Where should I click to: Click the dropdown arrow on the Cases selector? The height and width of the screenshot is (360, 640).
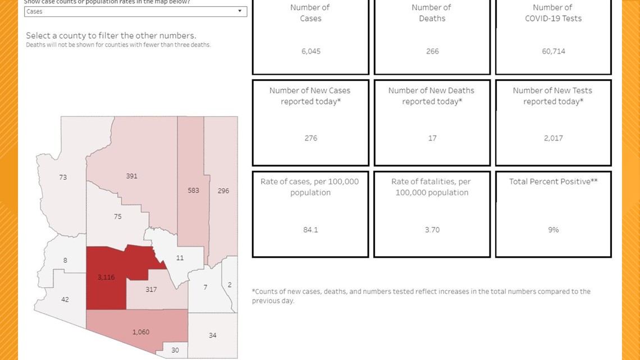click(x=240, y=11)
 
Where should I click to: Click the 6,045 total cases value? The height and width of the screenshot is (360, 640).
click(x=310, y=51)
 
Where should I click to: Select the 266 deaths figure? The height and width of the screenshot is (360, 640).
click(x=432, y=51)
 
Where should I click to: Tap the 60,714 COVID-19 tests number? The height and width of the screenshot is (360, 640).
click(x=554, y=51)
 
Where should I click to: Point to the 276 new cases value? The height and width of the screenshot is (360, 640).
click(x=310, y=138)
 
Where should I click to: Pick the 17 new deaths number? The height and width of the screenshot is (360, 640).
click(x=432, y=138)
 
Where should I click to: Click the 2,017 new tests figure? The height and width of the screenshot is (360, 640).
click(x=554, y=138)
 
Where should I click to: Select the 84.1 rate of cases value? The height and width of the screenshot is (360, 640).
click(x=310, y=230)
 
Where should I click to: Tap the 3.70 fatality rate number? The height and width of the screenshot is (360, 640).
click(x=432, y=230)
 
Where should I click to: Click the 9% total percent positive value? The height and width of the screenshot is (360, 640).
click(x=554, y=230)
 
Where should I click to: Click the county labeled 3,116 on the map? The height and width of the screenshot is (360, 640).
click(x=106, y=277)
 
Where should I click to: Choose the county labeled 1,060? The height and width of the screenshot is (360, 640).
click(x=141, y=332)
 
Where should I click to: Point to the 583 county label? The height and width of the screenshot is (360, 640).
click(x=193, y=190)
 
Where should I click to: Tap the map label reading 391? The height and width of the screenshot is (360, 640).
click(x=131, y=176)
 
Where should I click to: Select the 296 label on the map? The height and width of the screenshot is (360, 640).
click(x=223, y=190)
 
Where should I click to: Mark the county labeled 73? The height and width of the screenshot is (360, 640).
click(x=63, y=177)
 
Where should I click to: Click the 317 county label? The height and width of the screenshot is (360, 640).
click(x=151, y=290)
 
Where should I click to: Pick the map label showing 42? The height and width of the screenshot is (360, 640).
click(x=65, y=299)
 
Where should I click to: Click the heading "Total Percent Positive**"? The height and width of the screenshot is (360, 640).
click(x=553, y=181)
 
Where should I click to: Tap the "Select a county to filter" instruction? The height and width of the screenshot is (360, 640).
click(x=111, y=35)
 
